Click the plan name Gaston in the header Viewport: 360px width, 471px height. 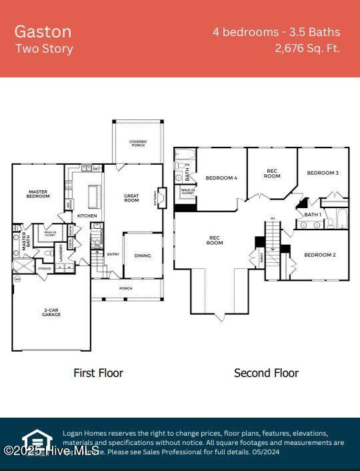coord(43,31)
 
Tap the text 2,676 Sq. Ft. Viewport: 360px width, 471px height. coord(307,48)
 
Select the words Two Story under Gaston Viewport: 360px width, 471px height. coord(44,49)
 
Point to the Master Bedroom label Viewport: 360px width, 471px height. coord(38,194)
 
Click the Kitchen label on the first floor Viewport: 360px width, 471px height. coord(87,216)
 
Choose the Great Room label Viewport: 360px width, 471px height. coord(131,198)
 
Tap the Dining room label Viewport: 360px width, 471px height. coord(142,255)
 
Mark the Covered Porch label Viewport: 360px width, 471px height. coord(138,143)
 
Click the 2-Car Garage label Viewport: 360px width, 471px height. coord(51,312)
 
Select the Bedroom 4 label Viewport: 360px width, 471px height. coord(221,178)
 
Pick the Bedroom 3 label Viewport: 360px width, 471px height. coord(323,173)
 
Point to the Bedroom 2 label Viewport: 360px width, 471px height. coord(319,255)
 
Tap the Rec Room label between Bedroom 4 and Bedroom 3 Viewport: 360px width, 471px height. coord(272,173)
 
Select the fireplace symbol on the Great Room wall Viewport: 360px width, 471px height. coord(161,198)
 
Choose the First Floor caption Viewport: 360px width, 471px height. coord(98,373)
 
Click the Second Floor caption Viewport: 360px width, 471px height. coord(266,373)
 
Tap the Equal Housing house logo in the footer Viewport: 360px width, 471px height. coord(37,440)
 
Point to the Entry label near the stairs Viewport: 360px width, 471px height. coord(113,254)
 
